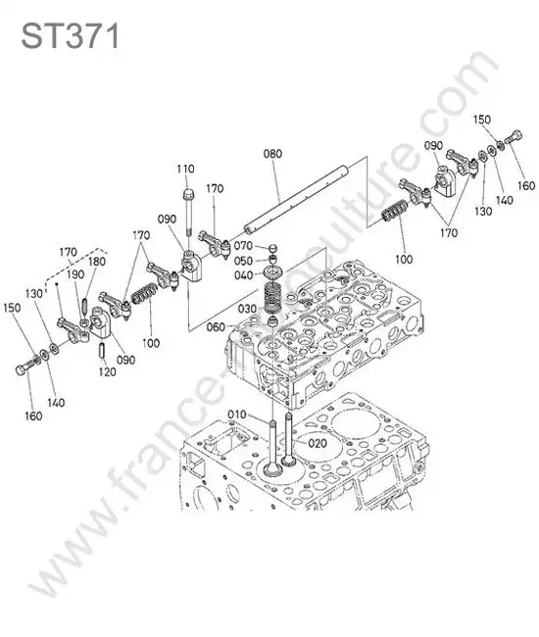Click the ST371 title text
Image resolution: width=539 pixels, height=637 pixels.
coord(70,35)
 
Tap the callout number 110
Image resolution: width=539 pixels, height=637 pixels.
coord(185,169)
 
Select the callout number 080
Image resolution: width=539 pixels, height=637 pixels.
coord(272,154)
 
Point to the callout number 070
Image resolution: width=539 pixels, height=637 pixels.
coord(243,246)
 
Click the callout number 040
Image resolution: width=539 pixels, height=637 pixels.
coord(244,275)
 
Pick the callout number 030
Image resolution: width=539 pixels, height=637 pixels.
coord(247,309)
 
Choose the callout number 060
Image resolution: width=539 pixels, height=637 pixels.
coord(216,326)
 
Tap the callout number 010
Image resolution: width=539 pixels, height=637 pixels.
coord(237,415)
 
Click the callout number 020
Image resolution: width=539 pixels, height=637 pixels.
coord(318,443)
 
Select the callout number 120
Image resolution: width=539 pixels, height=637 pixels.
coord(107,371)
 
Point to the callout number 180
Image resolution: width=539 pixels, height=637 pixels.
coord(97,262)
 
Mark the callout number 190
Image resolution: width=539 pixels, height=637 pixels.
coord(75,274)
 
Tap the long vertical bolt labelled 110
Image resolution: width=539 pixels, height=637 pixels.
coord(188,212)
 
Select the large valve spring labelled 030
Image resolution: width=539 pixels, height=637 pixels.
coord(273,299)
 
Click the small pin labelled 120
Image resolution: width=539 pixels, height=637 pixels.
coord(102,351)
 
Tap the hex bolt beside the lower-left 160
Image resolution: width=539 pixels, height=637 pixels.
coord(25,366)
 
